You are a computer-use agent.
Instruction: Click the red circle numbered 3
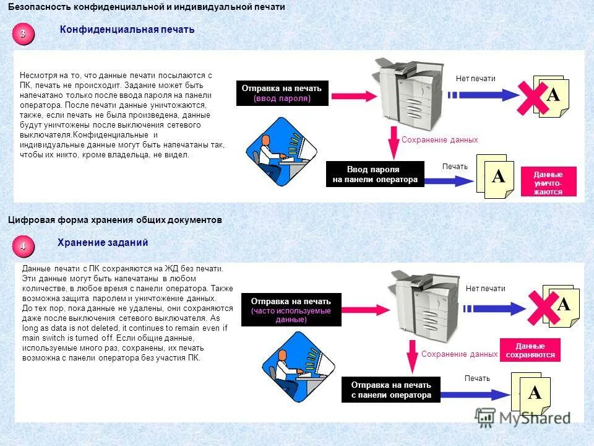(x=23, y=35)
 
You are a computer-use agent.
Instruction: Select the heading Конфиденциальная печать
(x=127, y=30)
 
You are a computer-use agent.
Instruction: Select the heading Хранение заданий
(x=103, y=243)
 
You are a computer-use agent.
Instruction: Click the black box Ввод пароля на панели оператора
(x=374, y=174)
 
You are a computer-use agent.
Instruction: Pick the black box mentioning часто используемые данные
(x=291, y=310)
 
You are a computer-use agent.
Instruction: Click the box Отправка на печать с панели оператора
(x=390, y=390)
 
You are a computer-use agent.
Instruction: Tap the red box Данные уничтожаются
(x=548, y=182)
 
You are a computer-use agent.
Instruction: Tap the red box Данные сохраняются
(x=530, y=351)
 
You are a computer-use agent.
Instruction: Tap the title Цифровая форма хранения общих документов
(x=114, y=220)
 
